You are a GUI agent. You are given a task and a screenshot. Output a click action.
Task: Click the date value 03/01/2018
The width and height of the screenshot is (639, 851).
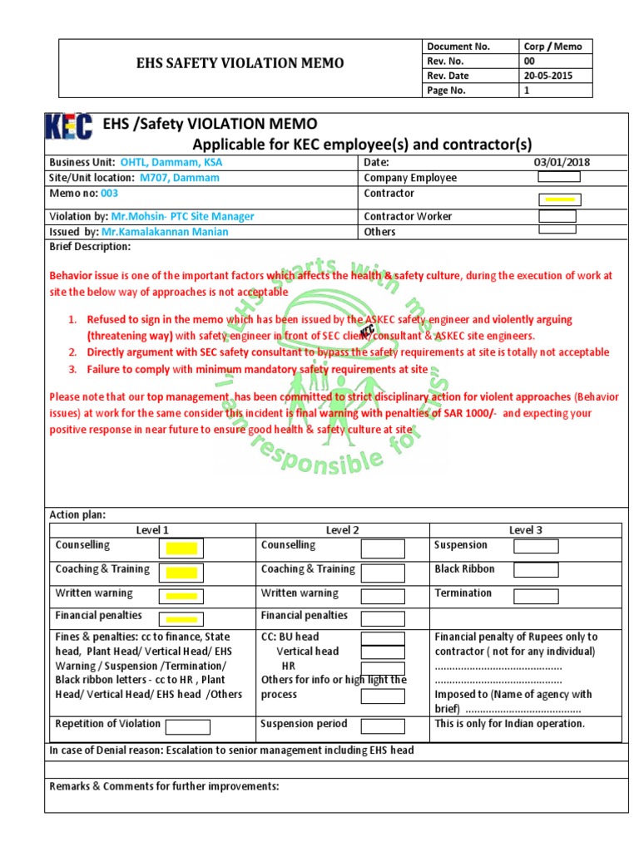point(562,162)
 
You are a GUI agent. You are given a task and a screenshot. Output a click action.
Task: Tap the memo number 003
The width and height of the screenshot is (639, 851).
point(109,194)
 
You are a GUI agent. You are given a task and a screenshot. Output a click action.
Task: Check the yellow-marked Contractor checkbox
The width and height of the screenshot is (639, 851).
point(559,199)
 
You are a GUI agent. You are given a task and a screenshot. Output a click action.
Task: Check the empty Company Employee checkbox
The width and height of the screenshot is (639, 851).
point(559,176)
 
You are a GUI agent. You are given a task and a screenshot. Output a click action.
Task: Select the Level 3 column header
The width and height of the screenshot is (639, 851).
point(525,530)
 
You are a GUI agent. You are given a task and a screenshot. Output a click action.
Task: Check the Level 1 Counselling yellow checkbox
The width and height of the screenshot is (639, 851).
point(181,548)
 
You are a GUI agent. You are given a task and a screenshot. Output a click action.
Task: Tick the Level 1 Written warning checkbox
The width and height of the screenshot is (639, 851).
point(181,596)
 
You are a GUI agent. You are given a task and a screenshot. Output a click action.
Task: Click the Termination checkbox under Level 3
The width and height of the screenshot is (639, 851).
point(535,596)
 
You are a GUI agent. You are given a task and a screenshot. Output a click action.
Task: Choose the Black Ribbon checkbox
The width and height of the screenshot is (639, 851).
point(535,570)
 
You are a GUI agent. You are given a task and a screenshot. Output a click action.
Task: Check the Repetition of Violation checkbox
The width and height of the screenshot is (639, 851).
point(187,727)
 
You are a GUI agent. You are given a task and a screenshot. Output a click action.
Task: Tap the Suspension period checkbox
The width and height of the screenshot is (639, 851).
point(383,726)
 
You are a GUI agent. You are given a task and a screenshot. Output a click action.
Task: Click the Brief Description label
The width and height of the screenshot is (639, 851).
point(90,247)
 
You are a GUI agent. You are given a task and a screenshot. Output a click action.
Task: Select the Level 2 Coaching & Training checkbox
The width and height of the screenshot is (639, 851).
point(383,573)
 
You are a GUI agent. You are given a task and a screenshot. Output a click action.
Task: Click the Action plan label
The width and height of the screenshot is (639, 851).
point(77,514)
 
